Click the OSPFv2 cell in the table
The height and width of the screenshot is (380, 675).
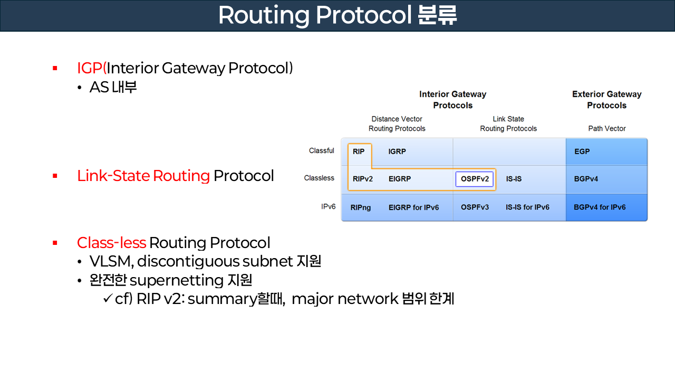tap(475, 179)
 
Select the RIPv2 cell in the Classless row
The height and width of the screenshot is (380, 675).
tap(363, 179)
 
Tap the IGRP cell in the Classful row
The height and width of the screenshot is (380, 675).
tap(397, 151)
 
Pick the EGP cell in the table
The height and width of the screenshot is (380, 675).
tap(582, 151)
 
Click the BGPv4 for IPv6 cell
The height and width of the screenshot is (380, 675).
tap(600, 207)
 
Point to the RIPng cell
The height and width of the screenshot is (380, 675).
tap(361, 207)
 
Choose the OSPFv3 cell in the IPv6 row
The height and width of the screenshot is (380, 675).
tap(475, 207)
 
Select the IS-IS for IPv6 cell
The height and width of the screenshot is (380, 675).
tap(527, 207)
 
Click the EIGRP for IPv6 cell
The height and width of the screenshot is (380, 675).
tap(413, 207)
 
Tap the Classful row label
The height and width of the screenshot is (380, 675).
tap(321, 151)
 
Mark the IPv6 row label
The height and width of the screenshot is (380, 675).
tap(328, 207)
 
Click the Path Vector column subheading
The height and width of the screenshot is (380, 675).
tap(607, 128)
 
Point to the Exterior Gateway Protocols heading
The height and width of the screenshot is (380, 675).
tap(607, 100)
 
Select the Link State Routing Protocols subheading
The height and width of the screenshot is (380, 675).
tap(508, 123)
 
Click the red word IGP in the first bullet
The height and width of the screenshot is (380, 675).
tap(90, 68)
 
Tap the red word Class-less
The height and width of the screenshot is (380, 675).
tap(111, 243)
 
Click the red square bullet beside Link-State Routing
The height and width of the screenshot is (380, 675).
tap(55, 176)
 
